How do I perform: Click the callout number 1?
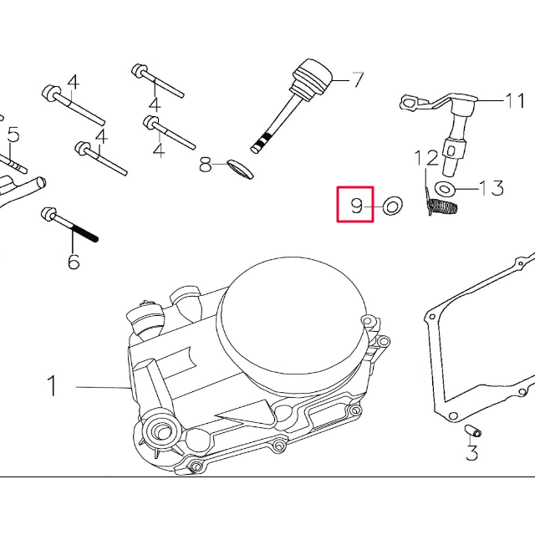tap(52, 386)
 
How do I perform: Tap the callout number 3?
tap(471, 454)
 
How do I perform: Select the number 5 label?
tap(13, 134)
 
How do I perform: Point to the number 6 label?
tap(74, 262)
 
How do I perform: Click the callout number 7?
tap(358, 80)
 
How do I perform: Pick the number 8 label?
tap(206, 166)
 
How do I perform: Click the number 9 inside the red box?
tap(357, 205)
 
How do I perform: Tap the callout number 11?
tap(514, 102)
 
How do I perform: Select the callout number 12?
tap(427, 158)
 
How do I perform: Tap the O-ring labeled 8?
tap(239, 170)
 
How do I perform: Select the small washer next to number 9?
tap(390, 204)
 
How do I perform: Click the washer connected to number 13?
tap(446, 186)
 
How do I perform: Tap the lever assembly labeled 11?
tap(456, 125)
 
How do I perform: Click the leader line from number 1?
tap(100, 386)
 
